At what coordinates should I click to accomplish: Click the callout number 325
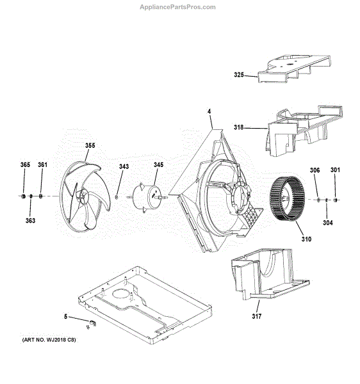click(x=239, y=75)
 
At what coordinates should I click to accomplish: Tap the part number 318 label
click(x=238, y=127)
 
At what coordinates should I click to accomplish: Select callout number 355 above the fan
click(x=90, y=145)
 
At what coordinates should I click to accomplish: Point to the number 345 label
click(x=159, y=165)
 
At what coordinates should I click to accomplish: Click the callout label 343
click(x=124, y=166)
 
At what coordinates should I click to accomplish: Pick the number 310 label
click(x=306, y=239)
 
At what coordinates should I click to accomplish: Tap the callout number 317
click(x=257, y=316)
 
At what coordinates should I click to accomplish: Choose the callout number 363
click(x=30, y=221)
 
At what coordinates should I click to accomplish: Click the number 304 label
click(x=328, y=223)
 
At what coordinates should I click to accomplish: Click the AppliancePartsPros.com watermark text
click(x=177, y=7)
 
